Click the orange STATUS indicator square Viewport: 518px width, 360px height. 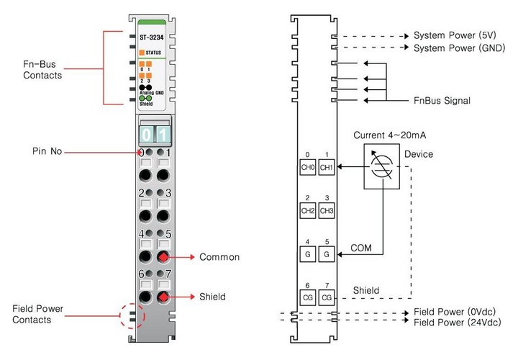click(x=141, y=53)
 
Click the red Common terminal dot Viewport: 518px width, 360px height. click(x=163, y=257)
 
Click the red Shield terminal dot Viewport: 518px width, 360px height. click(x=163, y=297)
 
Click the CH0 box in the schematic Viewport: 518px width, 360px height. click(x=308, y=167)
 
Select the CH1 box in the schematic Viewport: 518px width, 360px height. click(x=326, y=167)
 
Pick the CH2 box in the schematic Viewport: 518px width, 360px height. click(x=308, y=211)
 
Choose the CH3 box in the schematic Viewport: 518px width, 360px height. click(x=326, y=211)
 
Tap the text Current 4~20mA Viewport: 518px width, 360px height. click(x=388, y=135)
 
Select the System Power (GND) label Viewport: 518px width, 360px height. click(x=455, y=48)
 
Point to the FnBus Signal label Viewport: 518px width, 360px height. click(x=441, y=101)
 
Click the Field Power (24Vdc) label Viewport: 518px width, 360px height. click(x=457, y=322)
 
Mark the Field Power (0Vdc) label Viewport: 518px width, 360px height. click(x=455, y=312)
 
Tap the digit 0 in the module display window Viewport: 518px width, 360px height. click(x=147, y=135)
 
